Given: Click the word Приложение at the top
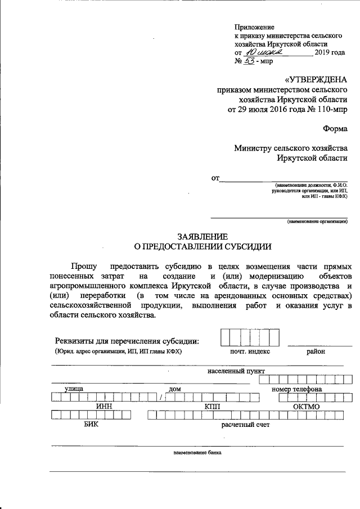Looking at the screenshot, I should [x=254, y=26].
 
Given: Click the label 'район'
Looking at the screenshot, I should [x=316, y=352].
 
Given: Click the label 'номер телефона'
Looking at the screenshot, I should [x=296, y=389].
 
